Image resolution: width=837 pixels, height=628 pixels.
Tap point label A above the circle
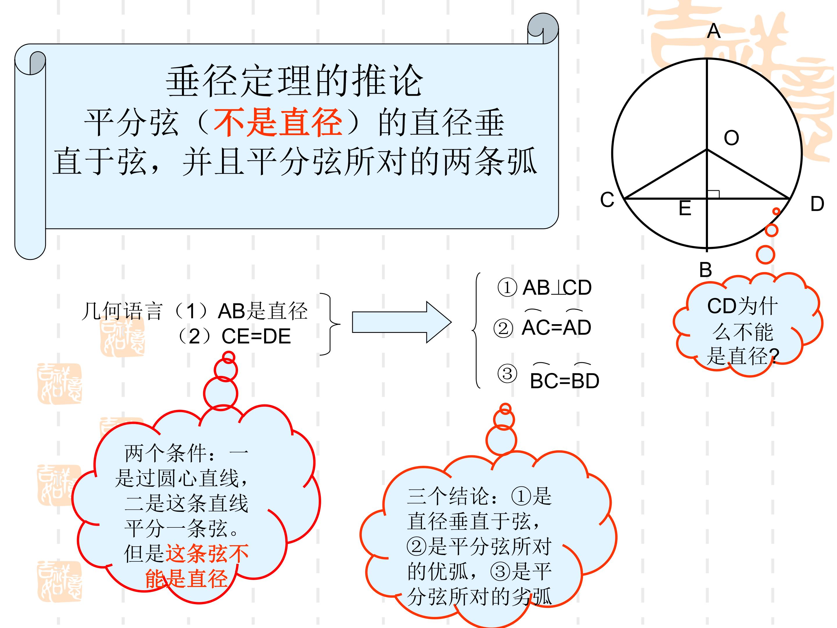click(x=714, y=31)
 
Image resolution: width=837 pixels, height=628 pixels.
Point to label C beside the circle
click(x=607, y=200)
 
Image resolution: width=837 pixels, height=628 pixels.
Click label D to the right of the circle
click(x=817, y=204)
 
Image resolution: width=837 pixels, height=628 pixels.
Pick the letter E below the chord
click(x=685, y=208)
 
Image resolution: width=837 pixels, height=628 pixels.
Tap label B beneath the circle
click(x=705, y=270)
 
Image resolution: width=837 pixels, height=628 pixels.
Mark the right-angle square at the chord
click(x=713, y=194)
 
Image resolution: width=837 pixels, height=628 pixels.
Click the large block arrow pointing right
click(x=401, y=322)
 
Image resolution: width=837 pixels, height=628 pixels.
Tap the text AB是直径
click(x=263, y=311)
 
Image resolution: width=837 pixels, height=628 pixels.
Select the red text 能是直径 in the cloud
click(x=186, y=578)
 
